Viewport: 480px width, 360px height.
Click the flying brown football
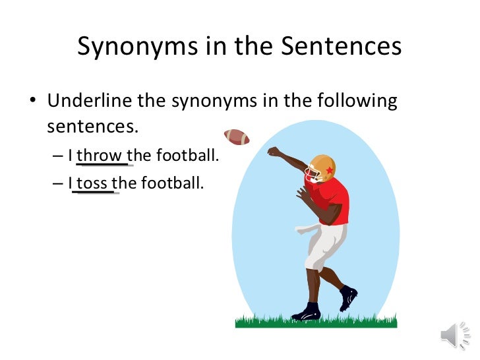pos(237,136)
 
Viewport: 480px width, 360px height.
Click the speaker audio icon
pos(454,336)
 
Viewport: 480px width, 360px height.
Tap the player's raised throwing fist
pos(273,152)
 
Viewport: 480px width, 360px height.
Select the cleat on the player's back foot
pos(348,297)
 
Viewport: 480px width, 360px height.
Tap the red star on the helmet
pos(329,172)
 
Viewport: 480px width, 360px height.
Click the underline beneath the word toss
pos(96,193)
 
